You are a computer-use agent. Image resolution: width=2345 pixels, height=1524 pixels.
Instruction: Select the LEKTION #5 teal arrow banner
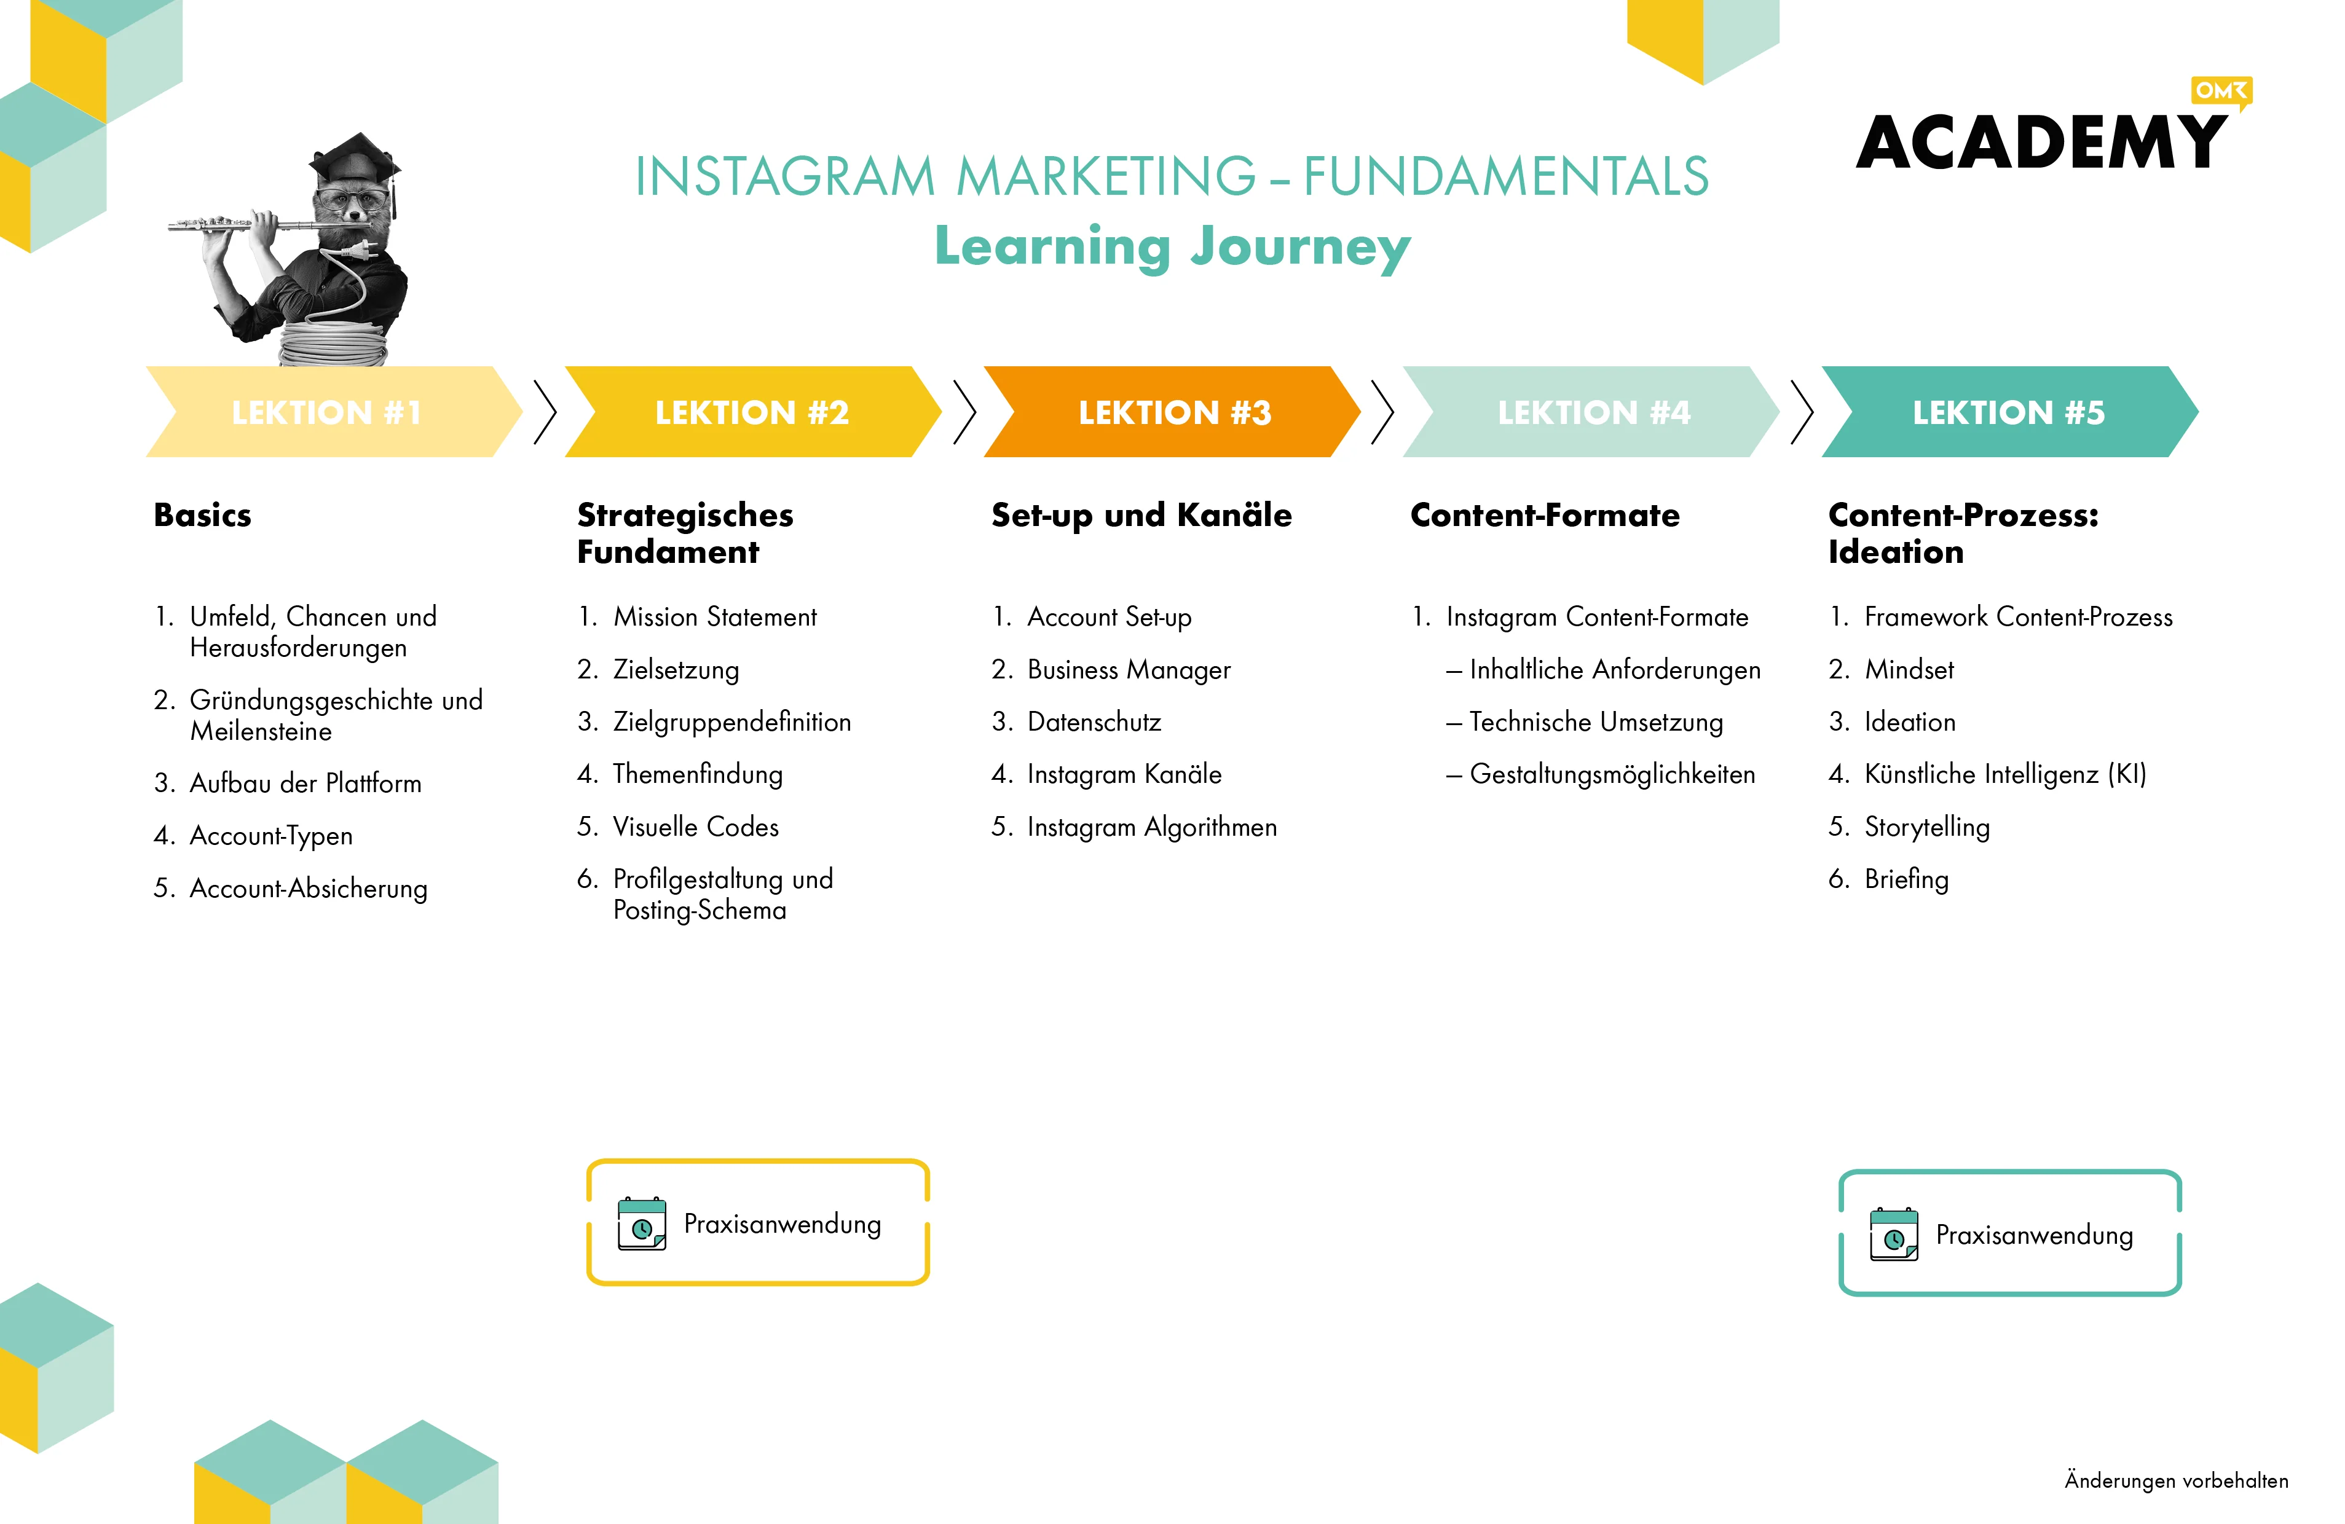click(x=2010, y=412)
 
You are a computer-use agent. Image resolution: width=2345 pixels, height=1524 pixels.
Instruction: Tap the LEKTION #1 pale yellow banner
click(x=334, y=412)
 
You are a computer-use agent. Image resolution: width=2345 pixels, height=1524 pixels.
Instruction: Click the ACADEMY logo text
click(x=2041, y=143)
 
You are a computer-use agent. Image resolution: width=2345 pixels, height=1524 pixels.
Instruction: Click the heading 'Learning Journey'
click(x=1173, y=246)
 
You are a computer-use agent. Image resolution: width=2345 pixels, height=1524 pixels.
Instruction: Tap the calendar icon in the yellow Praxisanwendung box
click(x=642, y=1224)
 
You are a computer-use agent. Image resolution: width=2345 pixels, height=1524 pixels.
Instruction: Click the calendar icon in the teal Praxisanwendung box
click(x=1894, y=1235)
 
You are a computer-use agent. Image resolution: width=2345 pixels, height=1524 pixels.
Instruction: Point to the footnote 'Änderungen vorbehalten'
click(x=2177, y=1480)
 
